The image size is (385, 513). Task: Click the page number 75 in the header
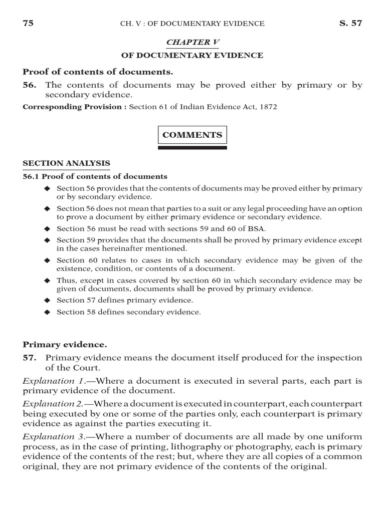click(28, 23)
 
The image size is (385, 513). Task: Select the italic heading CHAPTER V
click(193, 42)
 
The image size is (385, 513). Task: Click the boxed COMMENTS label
click(192, 135)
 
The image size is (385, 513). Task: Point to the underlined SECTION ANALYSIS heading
click(67, 163)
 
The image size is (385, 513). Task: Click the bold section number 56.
click(30, 85)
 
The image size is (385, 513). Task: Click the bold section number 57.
click(30, 358)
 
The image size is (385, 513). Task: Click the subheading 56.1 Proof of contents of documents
click(95, 176)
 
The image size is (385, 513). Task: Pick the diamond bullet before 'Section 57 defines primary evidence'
click(48, 300)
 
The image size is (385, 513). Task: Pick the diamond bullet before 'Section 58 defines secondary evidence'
click(48, 312)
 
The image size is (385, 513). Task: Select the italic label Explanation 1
click(50, 381)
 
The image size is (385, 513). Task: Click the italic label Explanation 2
click(50, 403)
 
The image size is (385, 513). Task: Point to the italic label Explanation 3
click(50, 435)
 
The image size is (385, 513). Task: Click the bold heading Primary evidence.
click(64, 345)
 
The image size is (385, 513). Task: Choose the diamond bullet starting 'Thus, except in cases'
click(48, 280)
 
